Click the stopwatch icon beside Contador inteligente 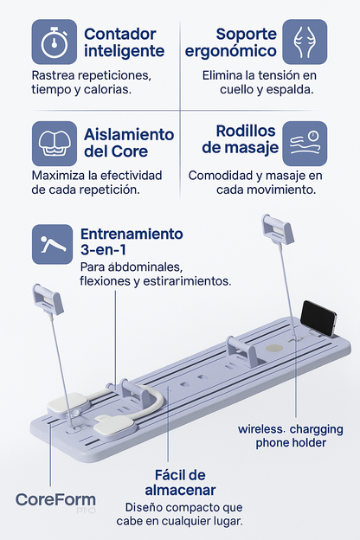(x=54, y=42)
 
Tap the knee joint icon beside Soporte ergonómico (x=305, y=42)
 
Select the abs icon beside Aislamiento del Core (x=54, y=144)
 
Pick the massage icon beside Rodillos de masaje (x=305, y=144)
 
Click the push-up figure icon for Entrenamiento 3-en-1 (x=53, y=244)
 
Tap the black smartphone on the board (x=318, y=318)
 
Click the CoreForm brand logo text (x=55, y=499)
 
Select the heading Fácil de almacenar (x=180, y=483)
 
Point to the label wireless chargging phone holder (x=291, y=436)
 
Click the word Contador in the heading (x=120, y=34)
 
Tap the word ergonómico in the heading (x=231, y=50)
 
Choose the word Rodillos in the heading (x=246, y=131)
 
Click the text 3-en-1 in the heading (x=103, y=250)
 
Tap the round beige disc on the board (x=274, y=348)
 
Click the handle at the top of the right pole (x=277, y=228)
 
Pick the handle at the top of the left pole (x=48, y=299)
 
